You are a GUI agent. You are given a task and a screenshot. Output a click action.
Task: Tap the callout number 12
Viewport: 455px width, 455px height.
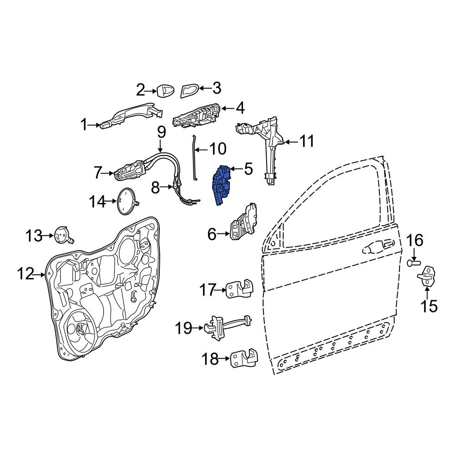pyautogui.click(x=26, y=274)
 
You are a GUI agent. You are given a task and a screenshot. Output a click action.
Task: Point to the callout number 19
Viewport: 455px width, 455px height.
pyautogui.click(x=184, y=328)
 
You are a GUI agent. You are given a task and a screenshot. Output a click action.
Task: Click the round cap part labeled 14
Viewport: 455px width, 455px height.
pyautogui.click(x=126, y=201)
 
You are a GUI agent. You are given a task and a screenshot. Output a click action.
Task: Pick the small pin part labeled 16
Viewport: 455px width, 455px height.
pyautogui.click(x=413, y=263)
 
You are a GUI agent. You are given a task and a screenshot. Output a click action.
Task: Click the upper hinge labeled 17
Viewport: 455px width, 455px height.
pyautogui.click(x=240, y=288)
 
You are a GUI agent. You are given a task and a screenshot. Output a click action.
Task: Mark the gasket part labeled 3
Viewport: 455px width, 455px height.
pyautogui.click(x=189, y=90)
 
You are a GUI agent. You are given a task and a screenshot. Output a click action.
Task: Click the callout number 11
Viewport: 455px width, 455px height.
pyautogui.click(x=307, y=142)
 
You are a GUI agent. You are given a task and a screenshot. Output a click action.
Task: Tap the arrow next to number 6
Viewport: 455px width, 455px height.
pyautogui.click(x=224, y=234)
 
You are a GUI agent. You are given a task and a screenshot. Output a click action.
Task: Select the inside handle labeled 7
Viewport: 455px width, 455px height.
pyautogui.click(x=130, y=171)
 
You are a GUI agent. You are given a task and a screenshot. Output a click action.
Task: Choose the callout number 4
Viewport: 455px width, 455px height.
pyautogui.click(x=240, y=108)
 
